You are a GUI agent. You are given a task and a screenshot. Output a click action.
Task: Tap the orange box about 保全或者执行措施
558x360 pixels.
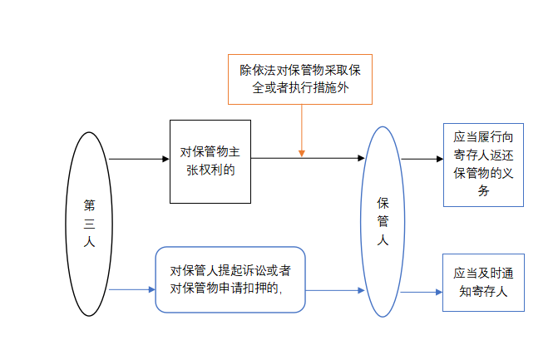(x=300, y=78)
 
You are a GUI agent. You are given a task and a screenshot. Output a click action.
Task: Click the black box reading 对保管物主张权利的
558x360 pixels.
(x=210, y=160)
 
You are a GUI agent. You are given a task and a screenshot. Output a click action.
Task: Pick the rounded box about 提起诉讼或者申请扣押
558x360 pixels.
(x=230, y=279)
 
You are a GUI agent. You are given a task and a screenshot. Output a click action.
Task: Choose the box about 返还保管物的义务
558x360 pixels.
(x=483, y=163)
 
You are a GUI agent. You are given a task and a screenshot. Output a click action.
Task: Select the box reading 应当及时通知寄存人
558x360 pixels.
(x=483, y=283)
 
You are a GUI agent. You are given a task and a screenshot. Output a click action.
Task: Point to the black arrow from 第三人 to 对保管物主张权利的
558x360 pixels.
(x=139, y=159)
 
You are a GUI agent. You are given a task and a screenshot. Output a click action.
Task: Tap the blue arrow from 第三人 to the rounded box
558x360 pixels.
(x=133, y=289)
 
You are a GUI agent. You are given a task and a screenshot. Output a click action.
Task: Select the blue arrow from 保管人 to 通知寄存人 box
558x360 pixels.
(x=421, y=292)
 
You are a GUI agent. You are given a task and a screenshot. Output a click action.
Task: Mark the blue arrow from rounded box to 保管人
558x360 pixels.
(x=335, y=290)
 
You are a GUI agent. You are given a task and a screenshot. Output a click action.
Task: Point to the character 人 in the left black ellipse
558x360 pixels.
(x=89, y=243)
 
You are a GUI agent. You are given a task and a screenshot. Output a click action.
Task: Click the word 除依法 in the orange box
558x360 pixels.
(x=257, y=70)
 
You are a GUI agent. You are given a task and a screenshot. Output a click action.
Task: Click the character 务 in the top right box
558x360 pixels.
(x=483, y=190)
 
